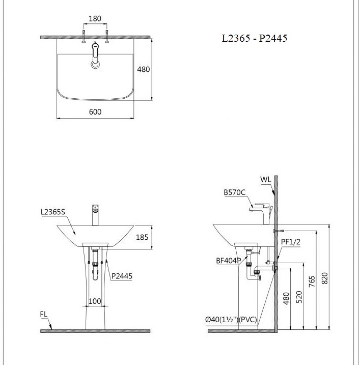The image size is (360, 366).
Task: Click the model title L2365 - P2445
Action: (251, 38)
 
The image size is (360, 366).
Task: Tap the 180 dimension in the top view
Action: (95, 19)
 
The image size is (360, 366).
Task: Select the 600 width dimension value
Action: (95, 111)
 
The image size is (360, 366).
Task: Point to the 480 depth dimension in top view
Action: (143, 69)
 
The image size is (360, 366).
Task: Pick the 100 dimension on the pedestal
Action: (95, 301)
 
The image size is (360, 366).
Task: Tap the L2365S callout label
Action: (53, 212)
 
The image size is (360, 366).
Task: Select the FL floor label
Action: (44, 314)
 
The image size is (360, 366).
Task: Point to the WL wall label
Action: (265, 179)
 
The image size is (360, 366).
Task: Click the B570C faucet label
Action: (235, 193)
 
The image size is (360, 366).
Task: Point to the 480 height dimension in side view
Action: (286, 298)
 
